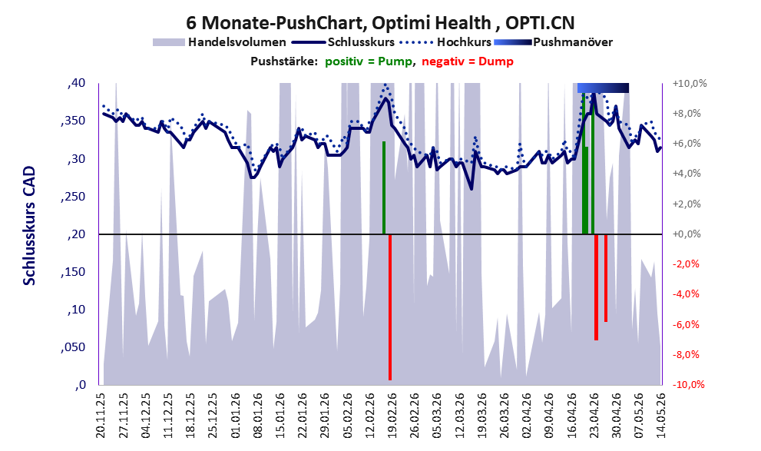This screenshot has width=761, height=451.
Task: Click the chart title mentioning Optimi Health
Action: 380,23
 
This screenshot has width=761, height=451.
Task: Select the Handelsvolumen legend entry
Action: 220,42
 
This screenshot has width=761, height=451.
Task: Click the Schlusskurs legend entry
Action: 343,42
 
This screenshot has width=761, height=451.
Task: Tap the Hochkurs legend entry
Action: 445,42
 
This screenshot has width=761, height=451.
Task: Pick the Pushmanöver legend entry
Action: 553,42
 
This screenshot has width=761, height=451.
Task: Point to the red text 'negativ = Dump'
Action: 468,61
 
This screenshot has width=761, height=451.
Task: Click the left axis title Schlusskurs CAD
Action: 30,226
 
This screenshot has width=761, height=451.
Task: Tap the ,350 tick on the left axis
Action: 73,121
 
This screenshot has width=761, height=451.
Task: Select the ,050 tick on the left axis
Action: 73,347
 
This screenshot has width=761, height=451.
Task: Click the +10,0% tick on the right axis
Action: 689,84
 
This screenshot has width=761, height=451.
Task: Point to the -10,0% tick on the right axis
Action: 688,385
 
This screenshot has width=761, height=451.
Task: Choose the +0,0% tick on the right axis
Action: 687,234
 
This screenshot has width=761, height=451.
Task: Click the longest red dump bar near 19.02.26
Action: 390,307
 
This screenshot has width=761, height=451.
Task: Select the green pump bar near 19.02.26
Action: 384,188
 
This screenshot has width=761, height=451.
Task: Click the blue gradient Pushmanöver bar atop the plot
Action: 603,88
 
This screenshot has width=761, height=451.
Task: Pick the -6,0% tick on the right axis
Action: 686,325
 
